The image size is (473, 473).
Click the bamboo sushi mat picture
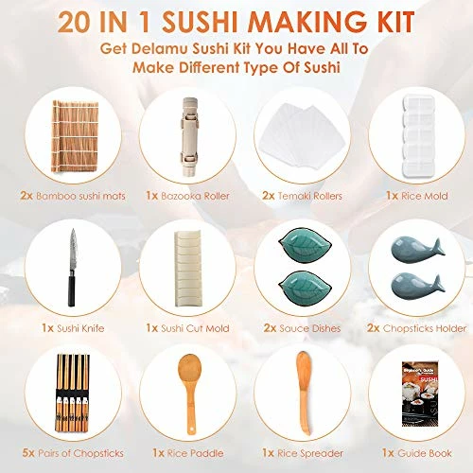click(x=75, y=136)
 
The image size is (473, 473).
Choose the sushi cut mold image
click(x=187, y=269)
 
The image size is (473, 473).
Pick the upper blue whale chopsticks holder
click(x=417, y=250)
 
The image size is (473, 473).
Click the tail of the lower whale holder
click(x=438, y=283)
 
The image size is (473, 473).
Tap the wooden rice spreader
click(x=304, y=394)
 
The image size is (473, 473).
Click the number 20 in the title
click(x=75, y=22)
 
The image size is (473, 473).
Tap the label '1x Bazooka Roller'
click(x=187, y=196)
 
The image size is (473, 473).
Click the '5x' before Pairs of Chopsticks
click(x=28, y=453)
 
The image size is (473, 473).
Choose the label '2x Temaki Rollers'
click(x=302, y=196)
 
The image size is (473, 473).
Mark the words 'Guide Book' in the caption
click(x=425, y=453)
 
